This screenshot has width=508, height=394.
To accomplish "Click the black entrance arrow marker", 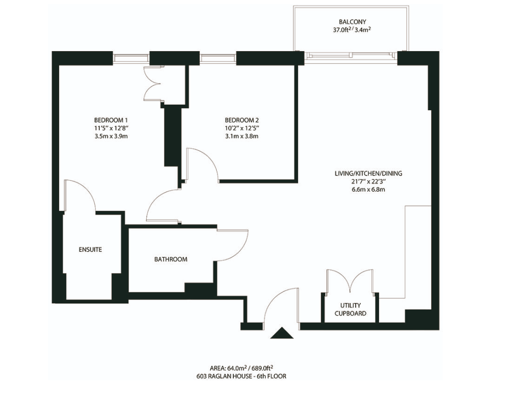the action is [282, 333].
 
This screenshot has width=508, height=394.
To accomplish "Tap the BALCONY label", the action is [353, 22].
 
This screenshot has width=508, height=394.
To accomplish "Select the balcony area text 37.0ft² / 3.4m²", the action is [352, 30].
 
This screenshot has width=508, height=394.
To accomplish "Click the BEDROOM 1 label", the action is [111, 119].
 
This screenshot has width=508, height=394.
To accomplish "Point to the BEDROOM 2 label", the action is [242, 119].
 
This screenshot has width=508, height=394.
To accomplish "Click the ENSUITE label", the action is [91, 250].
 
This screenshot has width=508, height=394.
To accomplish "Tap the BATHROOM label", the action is [171, 259].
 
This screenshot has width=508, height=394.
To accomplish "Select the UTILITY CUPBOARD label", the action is [351, 310].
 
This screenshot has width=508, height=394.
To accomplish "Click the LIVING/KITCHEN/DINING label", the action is [368, 173].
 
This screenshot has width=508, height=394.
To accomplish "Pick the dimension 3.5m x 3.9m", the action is [111, 136].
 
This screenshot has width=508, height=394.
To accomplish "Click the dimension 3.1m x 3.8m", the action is [242, 136].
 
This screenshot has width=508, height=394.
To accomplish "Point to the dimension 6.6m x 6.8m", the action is [368, 189].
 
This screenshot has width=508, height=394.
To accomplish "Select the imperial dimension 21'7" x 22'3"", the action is [368, 182].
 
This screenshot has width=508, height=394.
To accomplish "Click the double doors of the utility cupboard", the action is [351, 280].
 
